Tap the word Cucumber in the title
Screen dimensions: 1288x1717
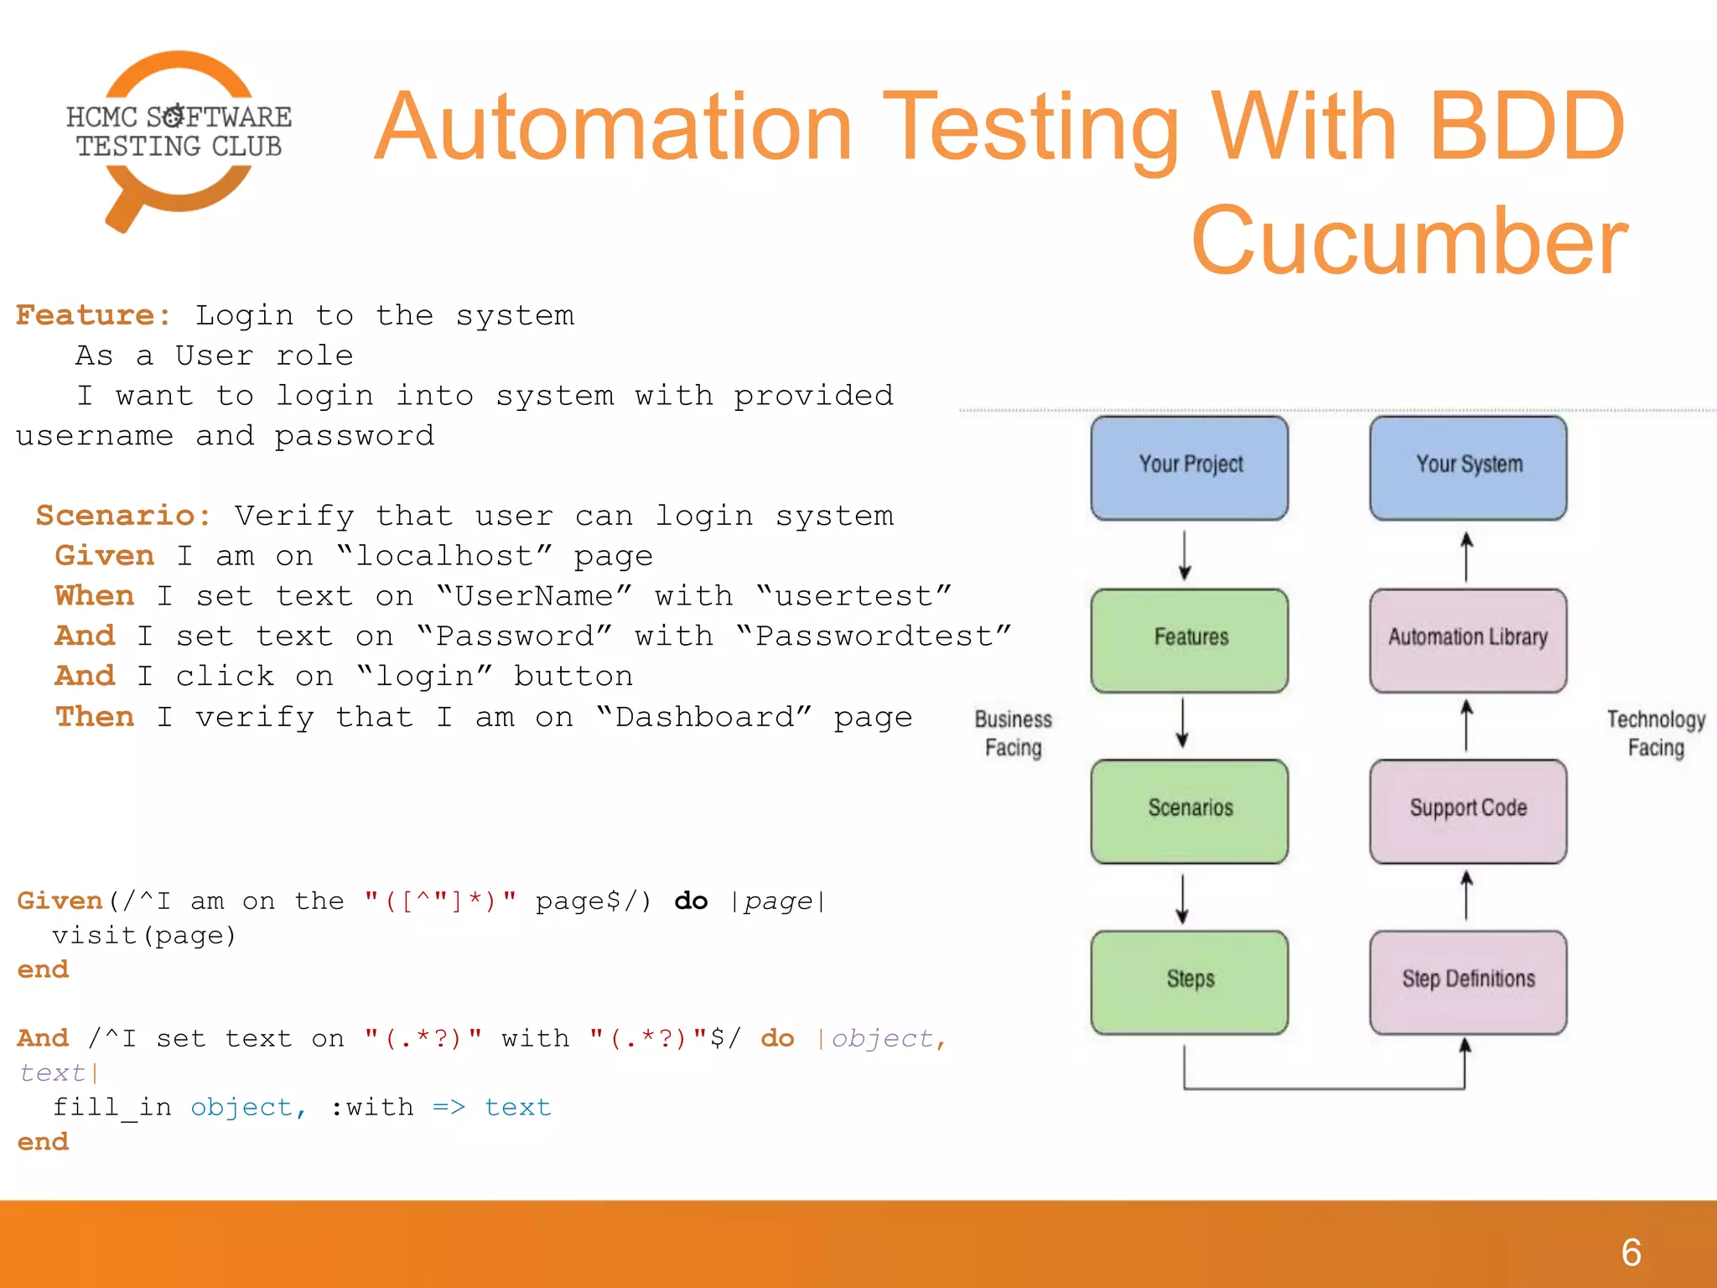click(x=1408, y=241)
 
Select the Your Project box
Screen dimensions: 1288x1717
click(x=1189, y=467)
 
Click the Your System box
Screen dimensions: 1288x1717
click(x=1468, y=467)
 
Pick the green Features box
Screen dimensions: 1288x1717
click(x=1189, y=640)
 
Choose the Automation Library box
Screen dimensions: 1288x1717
click(x=1468, y=640)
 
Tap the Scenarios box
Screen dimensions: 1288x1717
click(x=1189, y=811)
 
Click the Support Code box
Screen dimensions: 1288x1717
click(x=1468, y=811)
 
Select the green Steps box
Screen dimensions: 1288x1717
click(x=1189, y=982)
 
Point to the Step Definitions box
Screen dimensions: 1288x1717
click(x=1468, y=982)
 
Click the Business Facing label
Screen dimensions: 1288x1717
click(x=1013, y=734)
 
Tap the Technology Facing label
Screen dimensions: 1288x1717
click(x=1656, y=734)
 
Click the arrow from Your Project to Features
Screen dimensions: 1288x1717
click(x=1185, y=555)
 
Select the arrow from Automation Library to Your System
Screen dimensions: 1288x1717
click(x=1466, y=556)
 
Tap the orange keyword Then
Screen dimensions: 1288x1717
click(x=95, y=716)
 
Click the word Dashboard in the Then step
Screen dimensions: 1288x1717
click(x=704, y=717)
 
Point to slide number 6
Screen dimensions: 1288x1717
click(x=1631, y=1253)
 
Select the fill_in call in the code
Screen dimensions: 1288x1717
click(x=112, y=1108)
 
